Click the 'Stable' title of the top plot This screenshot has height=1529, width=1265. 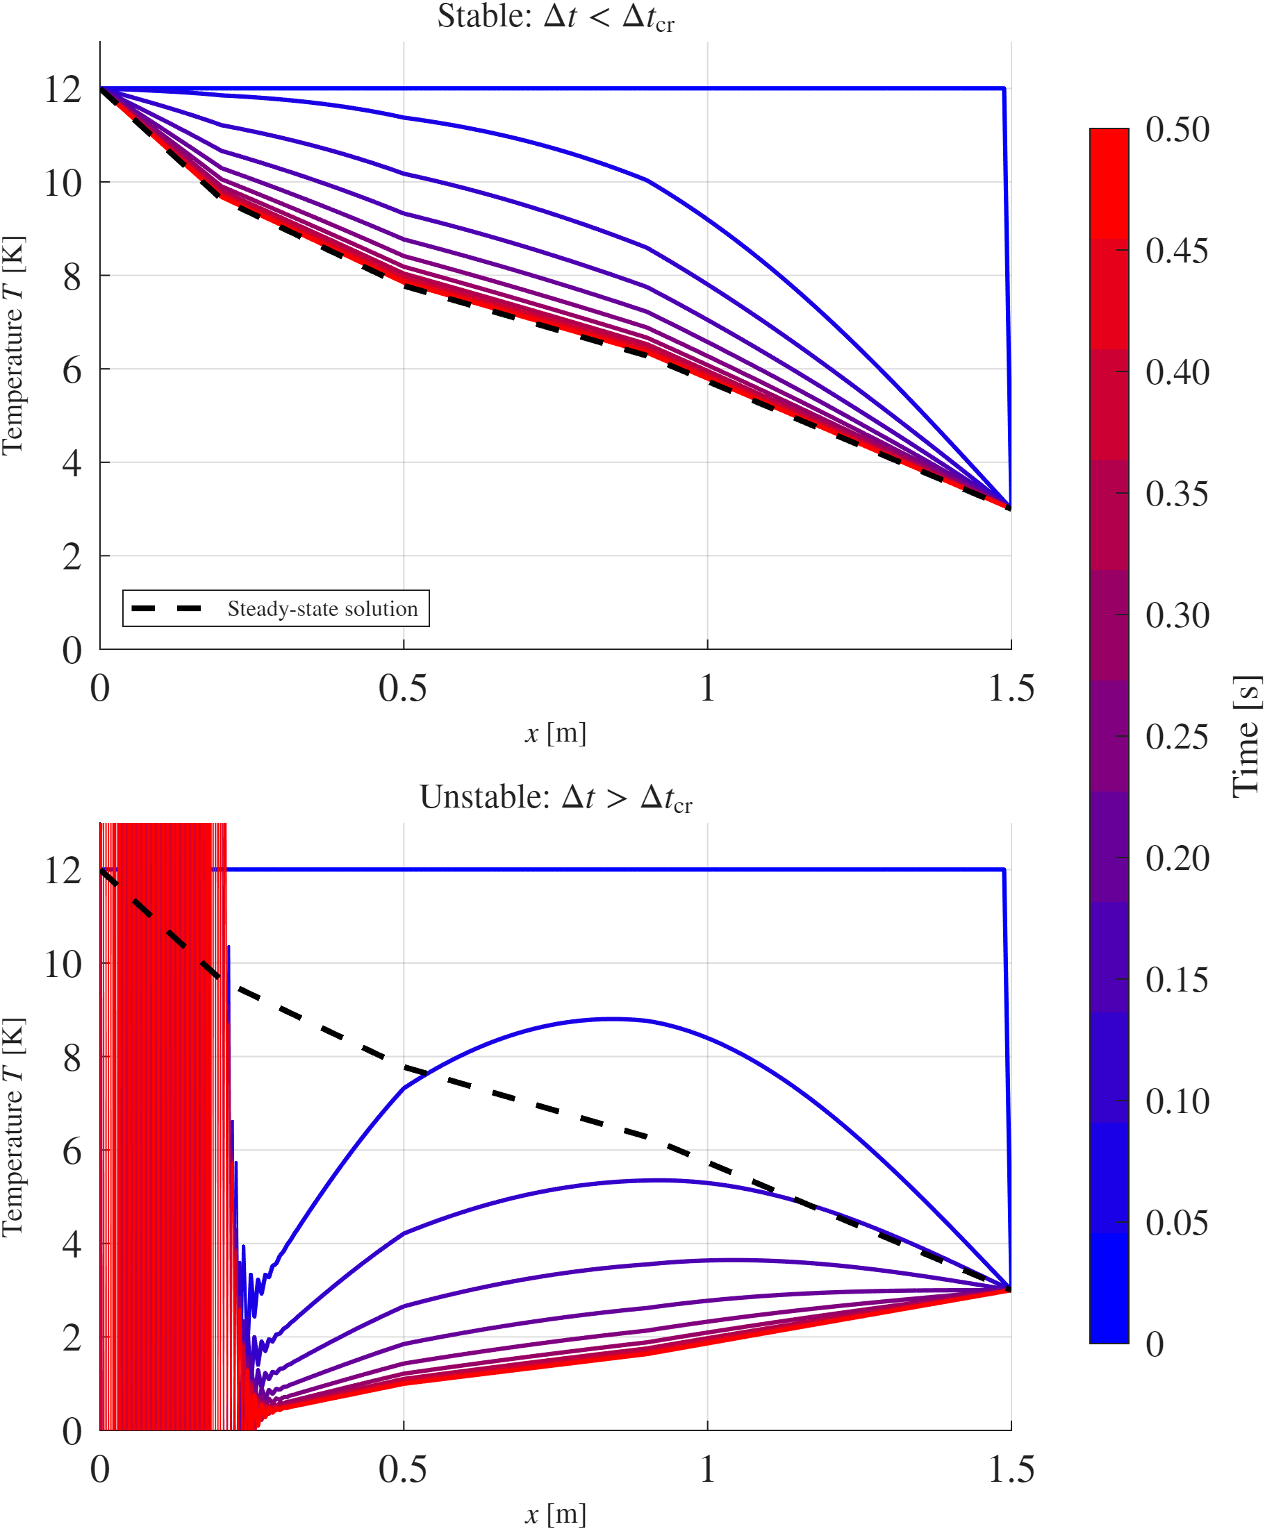pyautogui.click(x=555, y=17)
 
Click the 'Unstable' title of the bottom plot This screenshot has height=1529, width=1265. pyautogui.click(x=555, y=798)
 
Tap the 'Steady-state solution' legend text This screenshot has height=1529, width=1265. pyautogui.click(x=322, y=609)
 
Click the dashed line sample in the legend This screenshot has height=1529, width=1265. pyautogui.click(x=167, y=609)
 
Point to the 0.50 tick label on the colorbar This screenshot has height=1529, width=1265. pyautogui.click(x=1177, y=130)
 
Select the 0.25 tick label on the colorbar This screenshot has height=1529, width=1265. pyautogui.click(x=1177, y=737)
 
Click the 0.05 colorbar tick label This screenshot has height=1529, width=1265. pyautogui.click(x=1177, y=1223)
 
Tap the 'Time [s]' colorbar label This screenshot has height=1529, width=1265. pyautogui.click(x=1246, y=737)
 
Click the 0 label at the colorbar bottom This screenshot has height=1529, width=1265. pyautogui.click(x=1155, y=1344)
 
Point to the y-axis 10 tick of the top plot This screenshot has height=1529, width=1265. pyautogui.click(x=63, y=183)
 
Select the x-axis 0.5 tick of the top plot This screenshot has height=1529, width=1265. pyautogui.click(x=403, y=688)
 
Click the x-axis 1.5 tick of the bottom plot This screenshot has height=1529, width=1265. pyautogui.click(x=1011, y=1469)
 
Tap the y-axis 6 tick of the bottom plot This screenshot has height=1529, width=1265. pyautogui.click(x=72, y=1152)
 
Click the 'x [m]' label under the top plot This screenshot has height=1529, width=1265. pyautogui.click(x=555, y=733)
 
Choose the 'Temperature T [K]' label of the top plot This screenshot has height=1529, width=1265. pyautogui.click(x=13, y=345)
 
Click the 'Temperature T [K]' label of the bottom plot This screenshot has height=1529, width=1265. pyautogui.click(x=13, y=1127)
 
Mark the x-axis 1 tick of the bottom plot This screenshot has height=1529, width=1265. pyautogui.click(x=707, y=1469)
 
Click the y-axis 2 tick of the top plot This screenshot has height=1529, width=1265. pyautogui.click(x=72, y=557)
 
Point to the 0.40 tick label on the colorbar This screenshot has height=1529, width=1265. pyautogui.click(x=1177, y=372)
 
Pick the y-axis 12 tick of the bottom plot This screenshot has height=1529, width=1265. pyautogui.click(x=63, y=871)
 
